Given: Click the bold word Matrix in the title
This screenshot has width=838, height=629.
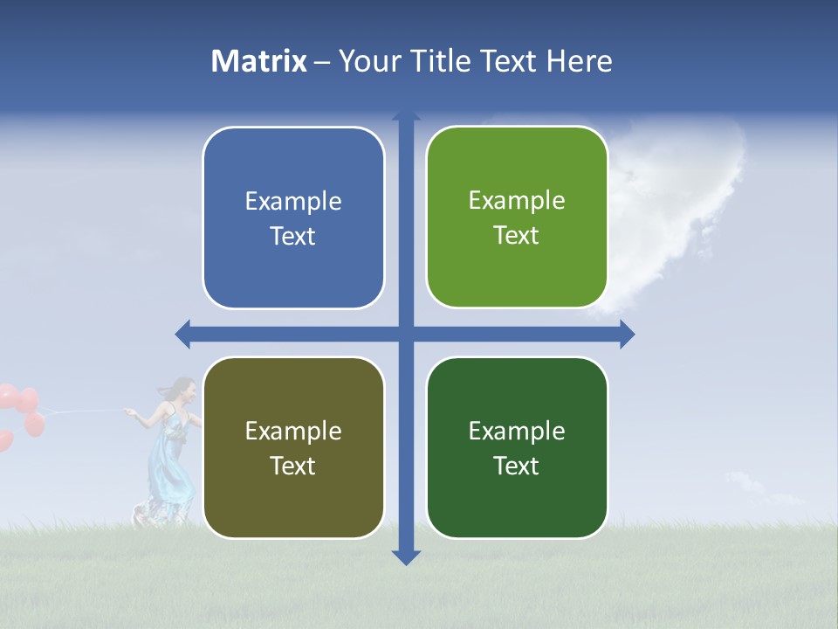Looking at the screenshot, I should tap(259, 61).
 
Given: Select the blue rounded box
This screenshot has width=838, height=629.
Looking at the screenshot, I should tap(293, 218).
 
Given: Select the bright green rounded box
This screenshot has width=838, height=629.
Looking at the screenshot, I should tap(517, 218).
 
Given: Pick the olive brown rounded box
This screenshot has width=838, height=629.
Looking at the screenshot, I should tap(293, 447).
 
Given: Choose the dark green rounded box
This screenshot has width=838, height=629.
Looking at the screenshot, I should tap(517, 447).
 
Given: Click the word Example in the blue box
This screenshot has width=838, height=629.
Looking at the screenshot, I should tap(293, 202).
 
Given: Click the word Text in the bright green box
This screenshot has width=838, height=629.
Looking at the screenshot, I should tap(517, 236).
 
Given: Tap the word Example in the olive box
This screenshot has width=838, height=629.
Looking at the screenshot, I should tap(293, 431).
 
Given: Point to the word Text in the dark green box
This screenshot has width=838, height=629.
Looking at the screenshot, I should tap(517, 466).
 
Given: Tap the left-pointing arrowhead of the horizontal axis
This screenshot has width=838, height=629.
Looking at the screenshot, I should tap(182, 334).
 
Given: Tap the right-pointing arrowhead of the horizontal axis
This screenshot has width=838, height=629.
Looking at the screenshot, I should tap(627, 334).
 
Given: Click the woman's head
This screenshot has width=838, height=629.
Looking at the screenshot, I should tap(182, 389).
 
